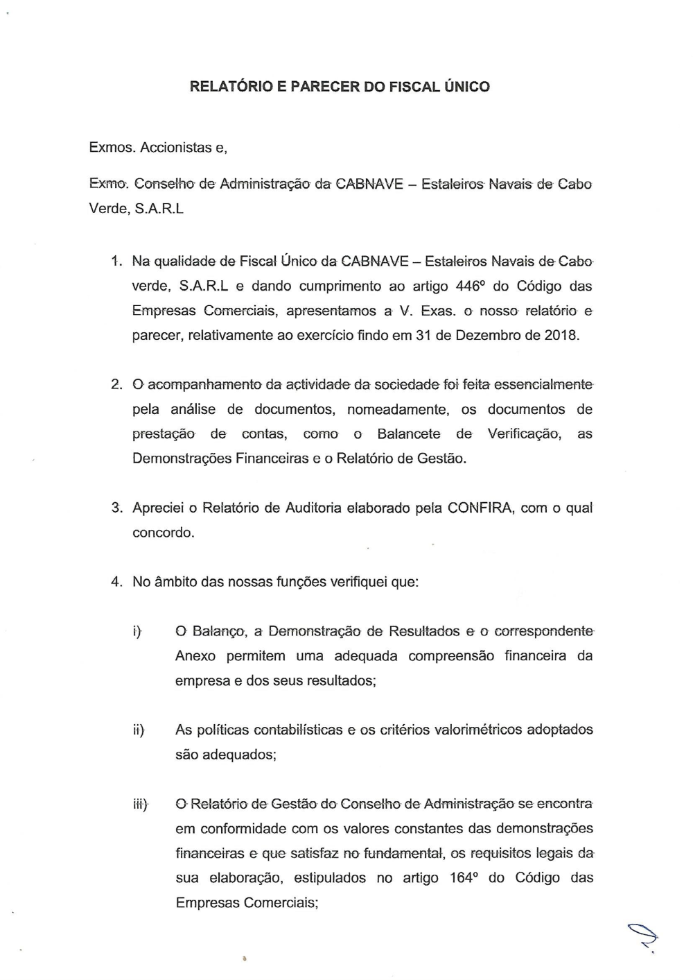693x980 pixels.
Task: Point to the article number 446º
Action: tap(474, 286)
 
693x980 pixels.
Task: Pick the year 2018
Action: tap(561, 335)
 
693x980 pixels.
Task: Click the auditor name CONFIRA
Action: tap(480, 508)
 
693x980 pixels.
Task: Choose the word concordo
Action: tap(163, 533)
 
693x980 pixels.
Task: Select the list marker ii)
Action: tap(139, 730)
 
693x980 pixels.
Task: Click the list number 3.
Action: tap(116, 508)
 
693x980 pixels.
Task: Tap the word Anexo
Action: tap(195, 655)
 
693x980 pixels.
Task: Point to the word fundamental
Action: tap(405, 853)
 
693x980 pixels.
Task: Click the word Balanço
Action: tap(219, 631)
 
